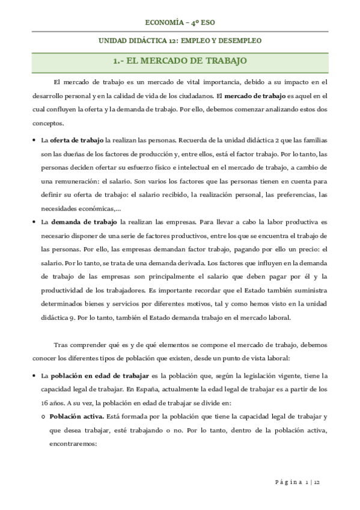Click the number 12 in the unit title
171,41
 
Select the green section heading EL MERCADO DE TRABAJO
180,61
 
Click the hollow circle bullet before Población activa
43,417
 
